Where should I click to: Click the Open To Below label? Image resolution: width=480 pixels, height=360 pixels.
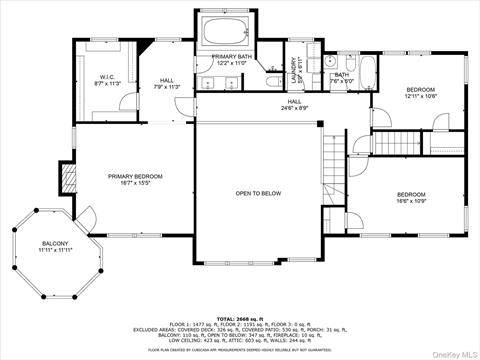pos(258,193)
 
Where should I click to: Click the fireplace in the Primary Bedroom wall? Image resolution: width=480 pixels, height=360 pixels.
pos(68,181)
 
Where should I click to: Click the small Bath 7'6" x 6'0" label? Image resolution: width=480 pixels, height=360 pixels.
pos(342,77)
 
